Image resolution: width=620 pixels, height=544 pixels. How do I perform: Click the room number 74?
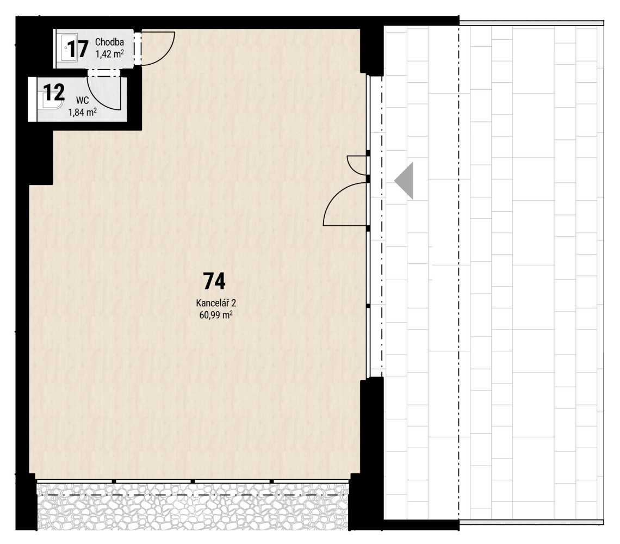(214, 281)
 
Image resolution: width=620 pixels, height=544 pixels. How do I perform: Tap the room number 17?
(77, 49)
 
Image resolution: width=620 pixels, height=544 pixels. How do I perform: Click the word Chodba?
(109, 42)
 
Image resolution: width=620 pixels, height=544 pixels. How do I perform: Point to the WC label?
(83, 101)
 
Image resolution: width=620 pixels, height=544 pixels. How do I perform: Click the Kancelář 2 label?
(216, 303)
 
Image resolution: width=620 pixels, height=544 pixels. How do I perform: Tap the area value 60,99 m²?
(216, 315)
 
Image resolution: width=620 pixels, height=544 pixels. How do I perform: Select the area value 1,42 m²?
(109, 53)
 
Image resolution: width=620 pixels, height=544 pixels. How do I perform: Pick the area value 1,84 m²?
(83, 113)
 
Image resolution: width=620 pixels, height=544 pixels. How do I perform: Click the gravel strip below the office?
(193, 507)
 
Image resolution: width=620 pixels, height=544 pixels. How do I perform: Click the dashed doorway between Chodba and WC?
(103, 72)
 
